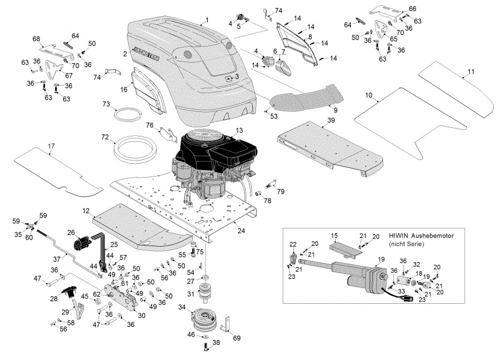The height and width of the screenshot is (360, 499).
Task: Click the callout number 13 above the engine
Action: [x=239, y=130]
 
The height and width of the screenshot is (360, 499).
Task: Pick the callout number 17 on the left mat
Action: [x=51, y=145]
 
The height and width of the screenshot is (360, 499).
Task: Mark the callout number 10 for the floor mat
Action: [x=369, y=95]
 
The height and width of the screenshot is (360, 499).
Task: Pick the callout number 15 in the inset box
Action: [x=334, y=236]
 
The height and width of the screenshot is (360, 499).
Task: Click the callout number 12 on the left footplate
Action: [x=86, y=211]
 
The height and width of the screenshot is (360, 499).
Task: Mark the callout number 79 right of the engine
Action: [x=281, y=191]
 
